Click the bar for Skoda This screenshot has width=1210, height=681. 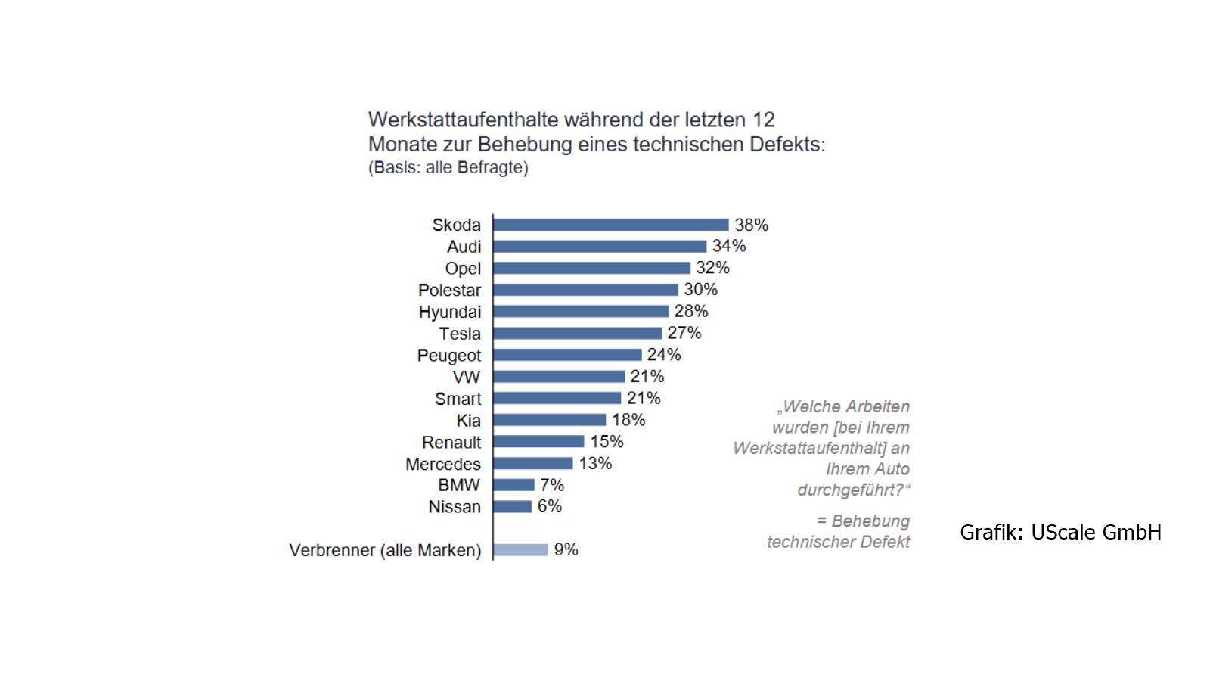(x=611, y=225)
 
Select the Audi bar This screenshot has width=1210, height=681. (x=600, y=247)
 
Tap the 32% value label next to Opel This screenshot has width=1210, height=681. (x=712, y=268)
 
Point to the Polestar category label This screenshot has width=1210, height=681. (x=449, y=291)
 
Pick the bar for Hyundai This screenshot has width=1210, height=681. (x=582, y=311)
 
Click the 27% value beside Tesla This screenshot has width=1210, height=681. (x=684, y=333)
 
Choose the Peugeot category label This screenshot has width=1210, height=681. (x=449, y=356)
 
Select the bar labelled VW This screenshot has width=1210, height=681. (x=559, y=377)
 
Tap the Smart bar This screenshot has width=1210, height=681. (x=557, y=398)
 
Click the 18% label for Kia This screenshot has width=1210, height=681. (x=628, y=420)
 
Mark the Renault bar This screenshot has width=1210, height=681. (x=539, y=442)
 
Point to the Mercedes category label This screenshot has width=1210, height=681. (x=443, y=465)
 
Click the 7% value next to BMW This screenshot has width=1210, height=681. (x=552, y=485)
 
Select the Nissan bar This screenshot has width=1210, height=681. (x=513, y=506)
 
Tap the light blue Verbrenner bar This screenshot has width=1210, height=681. (x=521, y=549)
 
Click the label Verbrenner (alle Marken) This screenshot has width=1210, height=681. (x=385, y=551)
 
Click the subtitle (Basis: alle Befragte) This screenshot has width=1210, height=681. (x=448, y=167)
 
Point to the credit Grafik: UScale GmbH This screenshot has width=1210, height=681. (x=1060, y=533)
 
